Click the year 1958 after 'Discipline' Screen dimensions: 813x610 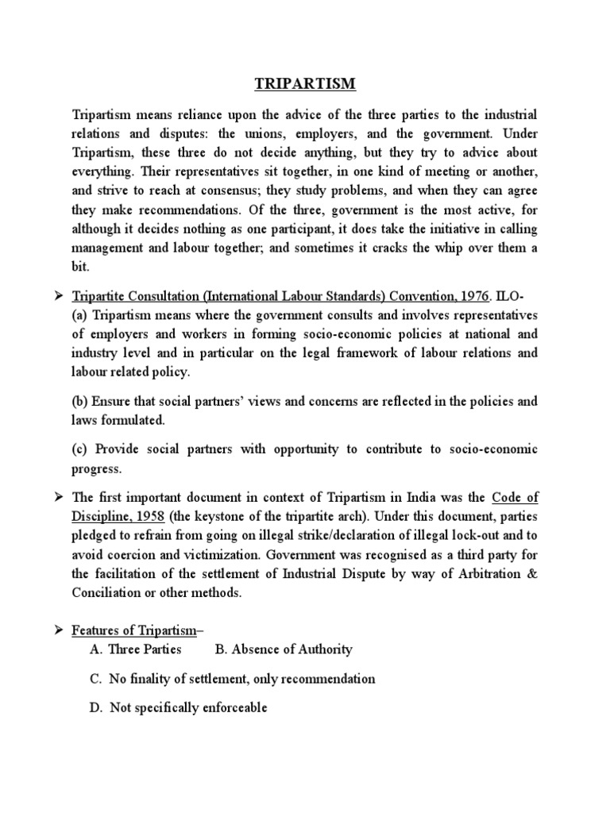[x=149, y=516]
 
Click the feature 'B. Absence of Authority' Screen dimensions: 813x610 [x=284, y=649]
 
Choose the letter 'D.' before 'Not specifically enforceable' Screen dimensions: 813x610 [x=97, y=707]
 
